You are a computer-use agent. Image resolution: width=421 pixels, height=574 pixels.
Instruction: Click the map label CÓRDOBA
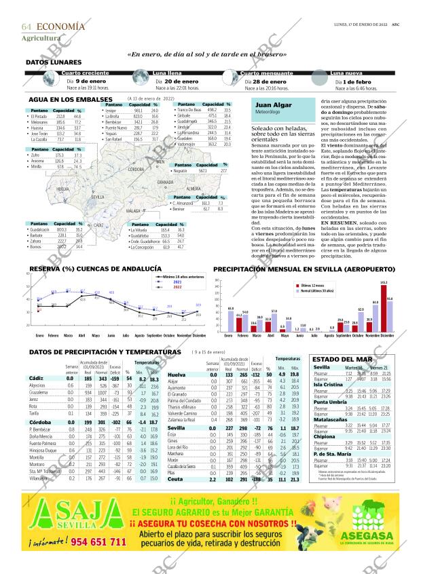[136, 170]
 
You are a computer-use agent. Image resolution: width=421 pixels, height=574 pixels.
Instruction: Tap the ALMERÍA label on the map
[194, 189]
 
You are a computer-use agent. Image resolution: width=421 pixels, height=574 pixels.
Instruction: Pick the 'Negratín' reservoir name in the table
[181, 171]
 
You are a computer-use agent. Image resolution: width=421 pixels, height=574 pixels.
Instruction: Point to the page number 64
[28, 26]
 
